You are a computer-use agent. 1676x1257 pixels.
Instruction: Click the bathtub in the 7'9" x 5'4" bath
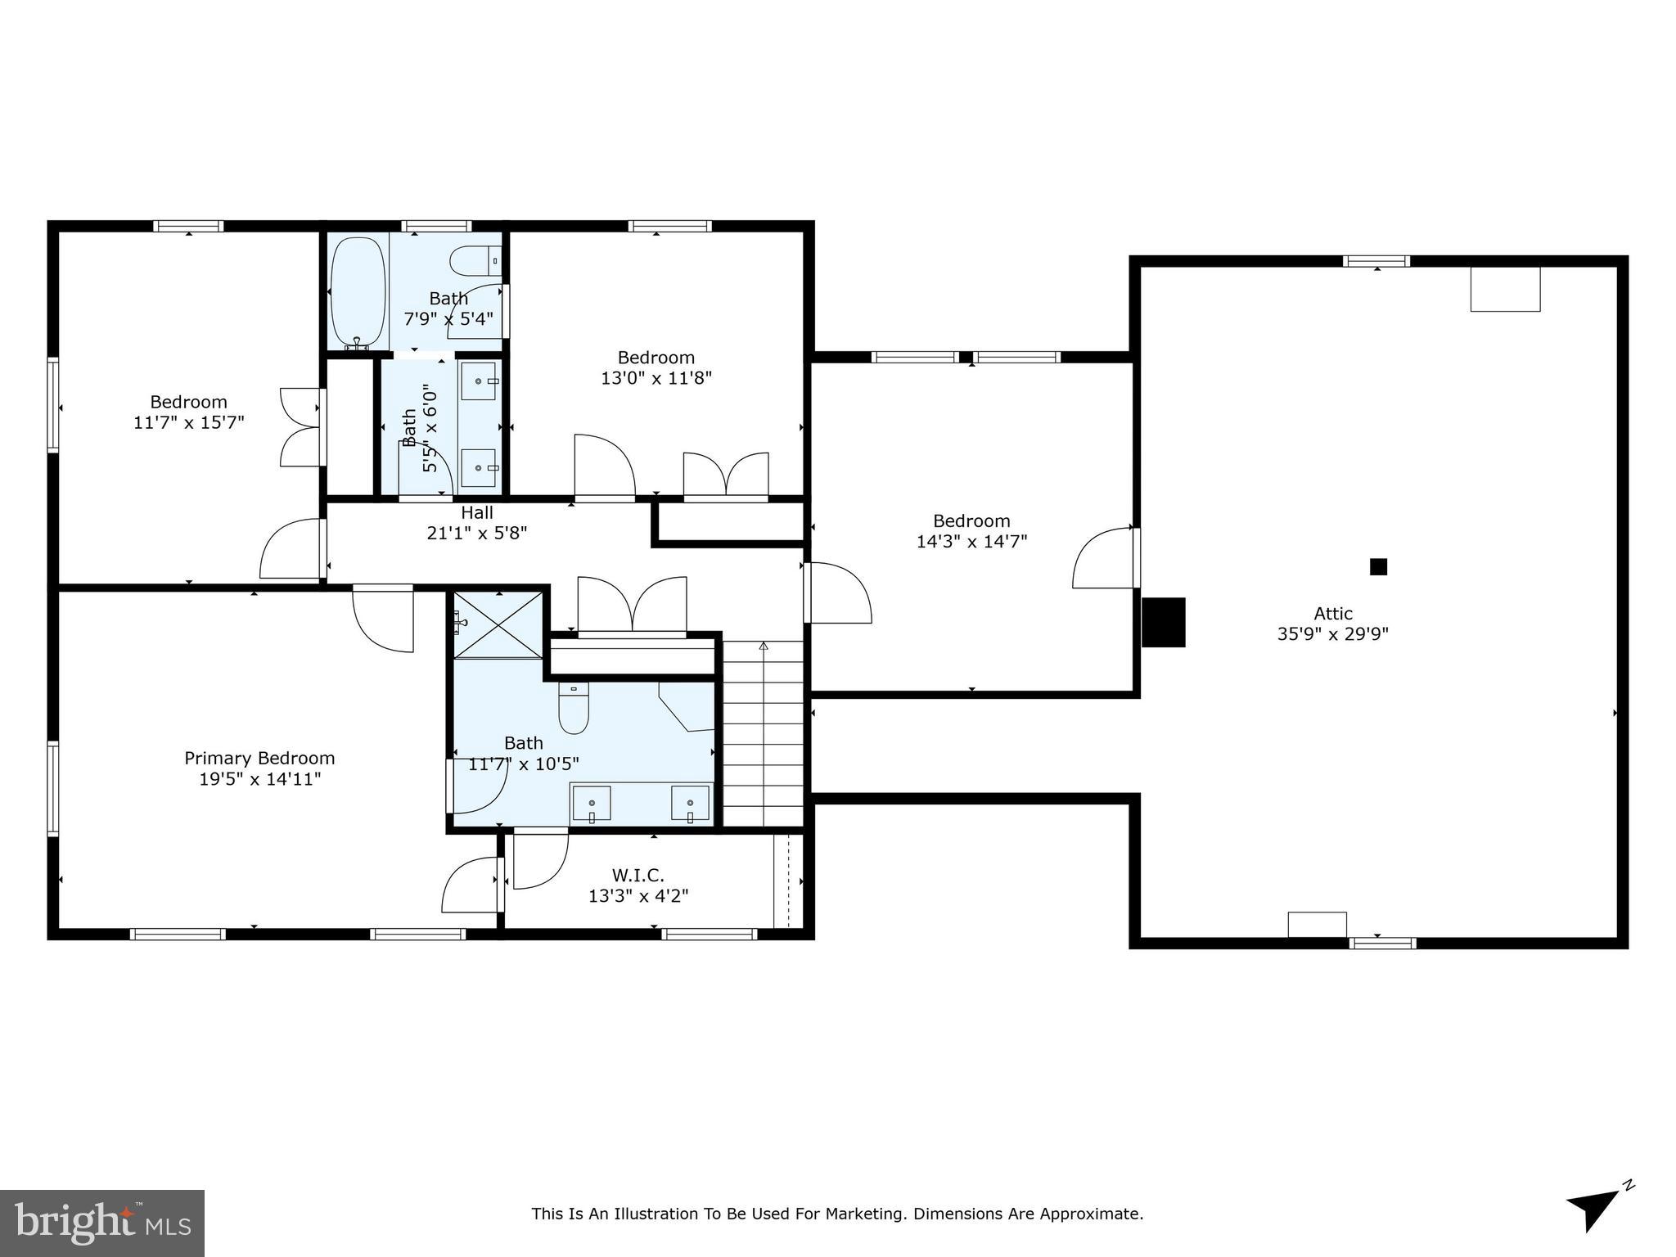pos(358,294)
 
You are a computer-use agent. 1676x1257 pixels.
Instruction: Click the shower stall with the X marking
pos(498,624)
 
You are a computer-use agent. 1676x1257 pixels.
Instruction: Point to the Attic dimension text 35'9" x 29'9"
pos(1333,633)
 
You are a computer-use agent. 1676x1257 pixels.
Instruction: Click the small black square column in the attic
pos(1378,566)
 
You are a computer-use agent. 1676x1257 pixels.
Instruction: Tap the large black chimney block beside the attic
pos(1163,622)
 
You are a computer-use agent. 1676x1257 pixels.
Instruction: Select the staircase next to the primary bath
pos(763,733)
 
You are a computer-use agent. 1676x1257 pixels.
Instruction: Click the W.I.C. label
pos(638,876)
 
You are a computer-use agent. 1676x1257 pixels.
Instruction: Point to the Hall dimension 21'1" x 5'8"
pos(476,533)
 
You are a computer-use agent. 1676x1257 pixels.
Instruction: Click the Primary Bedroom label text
pos(259,759)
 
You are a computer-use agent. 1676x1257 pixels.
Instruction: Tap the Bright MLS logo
pos(101,1223)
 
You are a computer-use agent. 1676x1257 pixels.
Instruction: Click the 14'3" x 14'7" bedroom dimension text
pos(971,541)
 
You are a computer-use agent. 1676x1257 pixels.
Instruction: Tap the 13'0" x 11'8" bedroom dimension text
pos(656,378)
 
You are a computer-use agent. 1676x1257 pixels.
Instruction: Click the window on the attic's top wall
pos(1376,261)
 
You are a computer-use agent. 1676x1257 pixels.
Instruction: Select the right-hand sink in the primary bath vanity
pos(690,803)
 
